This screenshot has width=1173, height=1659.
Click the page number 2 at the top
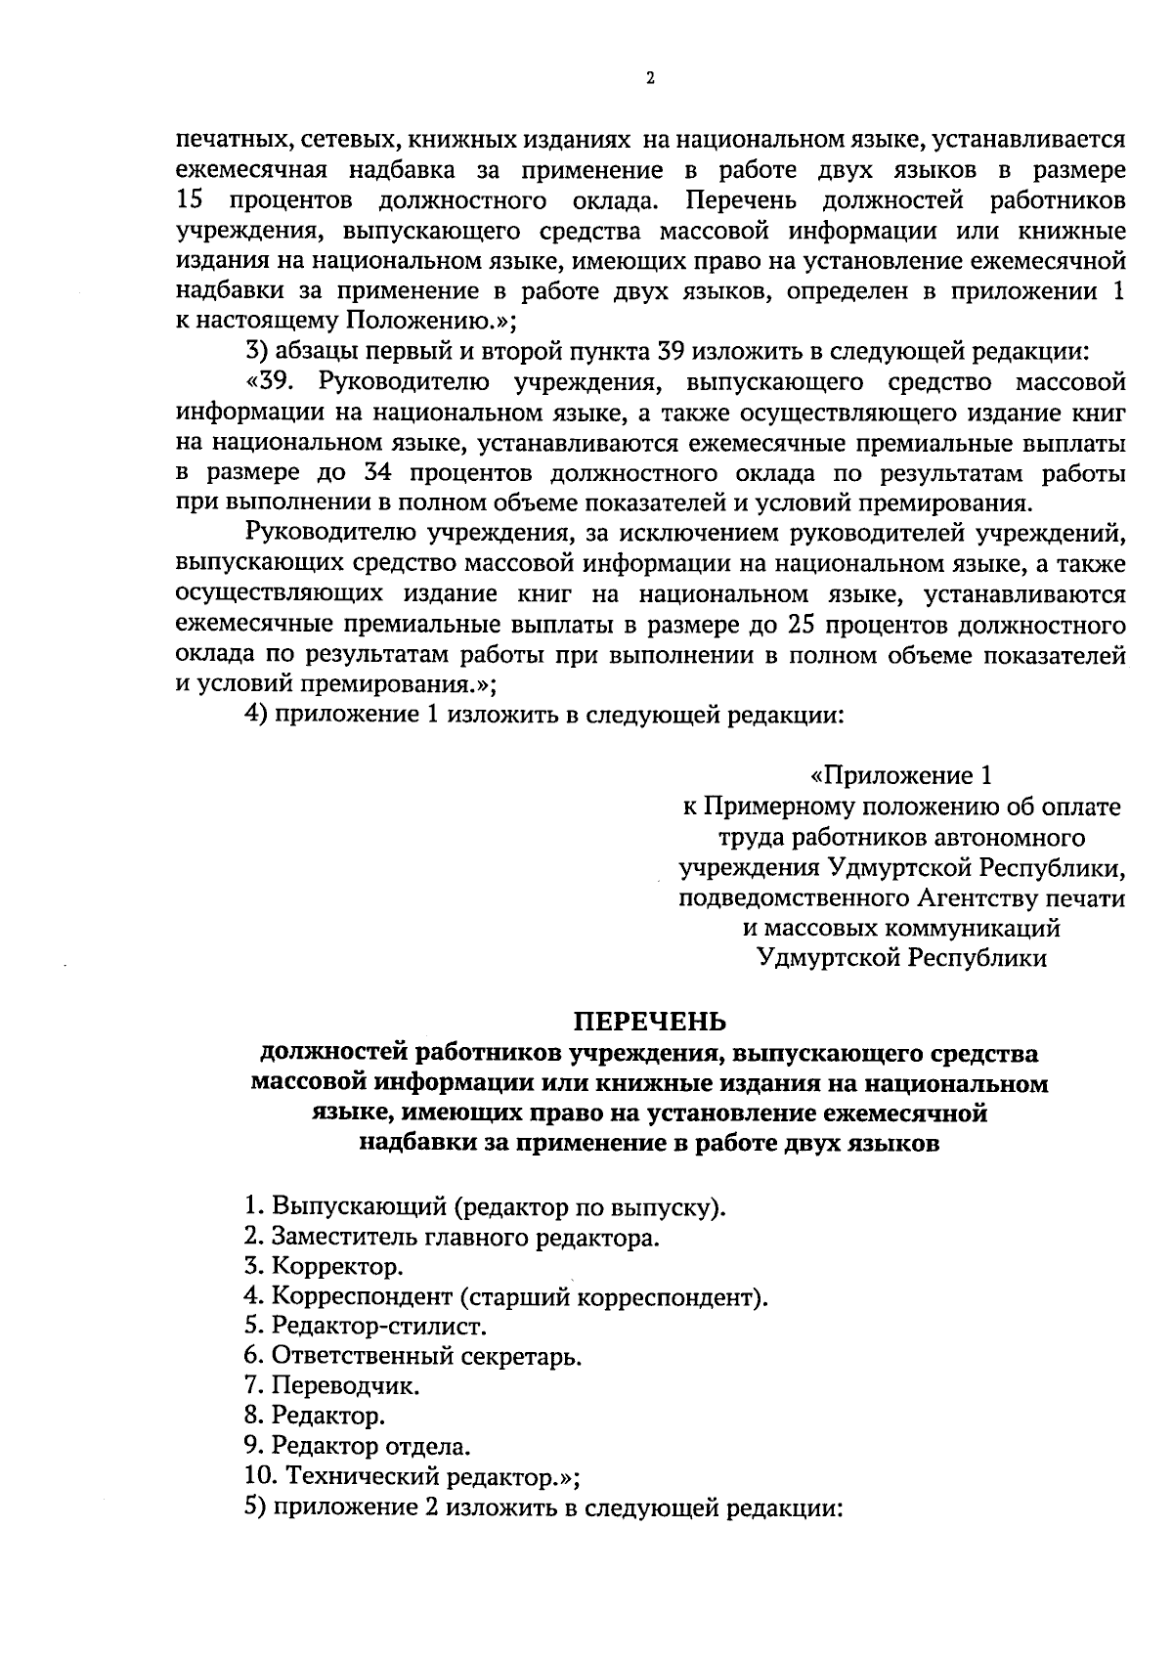click(649, 79)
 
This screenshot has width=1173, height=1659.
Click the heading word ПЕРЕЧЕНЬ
click(649, 1023)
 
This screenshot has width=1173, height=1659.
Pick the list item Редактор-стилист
click(366, 1327)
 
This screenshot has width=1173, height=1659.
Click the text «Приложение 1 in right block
click(901, 776)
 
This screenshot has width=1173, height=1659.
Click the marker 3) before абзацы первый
click(255, 350)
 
